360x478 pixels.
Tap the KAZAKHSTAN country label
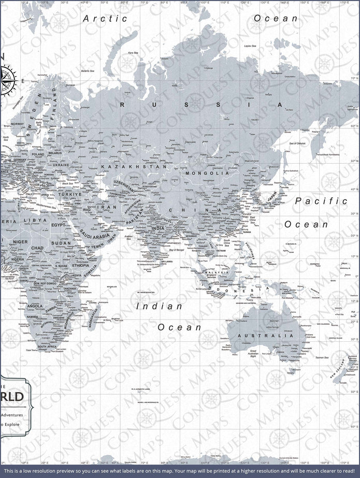point(134,167)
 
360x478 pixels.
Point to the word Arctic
point(105,18)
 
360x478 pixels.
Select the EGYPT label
point(59,226)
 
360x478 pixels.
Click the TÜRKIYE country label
point(70,194)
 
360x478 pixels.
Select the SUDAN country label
point(61,243)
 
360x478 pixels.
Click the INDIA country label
point(158,228)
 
